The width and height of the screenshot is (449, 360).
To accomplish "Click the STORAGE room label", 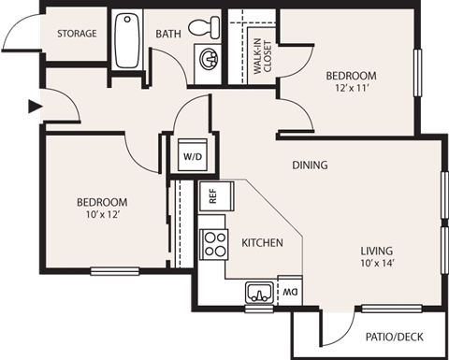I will click(77, 34).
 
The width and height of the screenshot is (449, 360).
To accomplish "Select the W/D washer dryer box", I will click(194, 155).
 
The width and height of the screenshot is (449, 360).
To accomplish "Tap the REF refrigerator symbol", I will click(212, 196).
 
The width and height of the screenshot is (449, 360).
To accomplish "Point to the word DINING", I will click(310, 166).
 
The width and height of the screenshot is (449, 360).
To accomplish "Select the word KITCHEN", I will click(262, 243).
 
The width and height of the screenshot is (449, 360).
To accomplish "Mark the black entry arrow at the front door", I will click(35, 107).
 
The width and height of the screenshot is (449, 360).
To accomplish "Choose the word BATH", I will click(168, 34).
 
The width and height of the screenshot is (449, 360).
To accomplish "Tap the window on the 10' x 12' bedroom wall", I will click(117, 272).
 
